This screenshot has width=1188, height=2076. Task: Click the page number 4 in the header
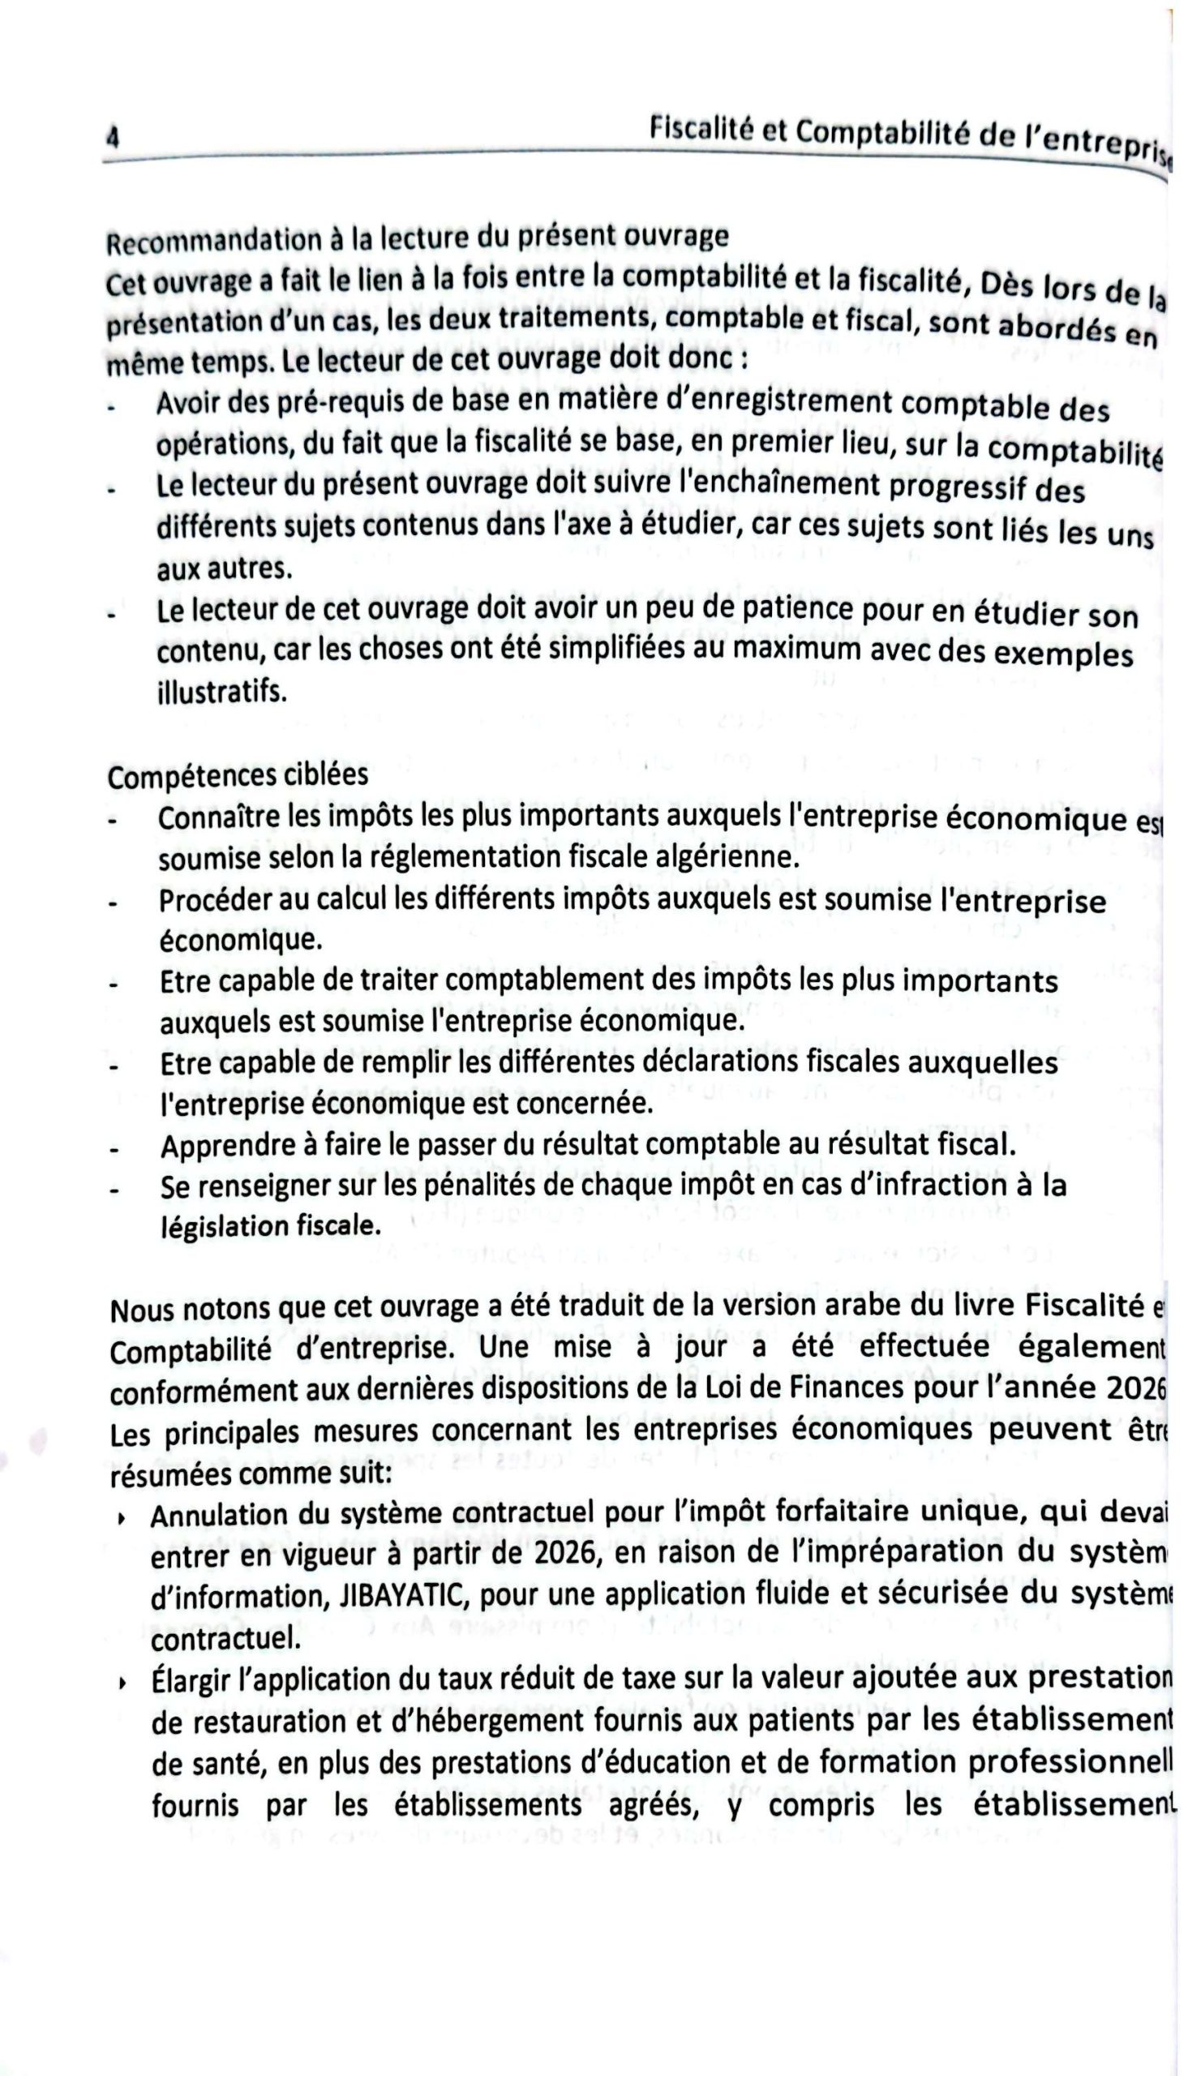pyautogui.click(x=113, y=136)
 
